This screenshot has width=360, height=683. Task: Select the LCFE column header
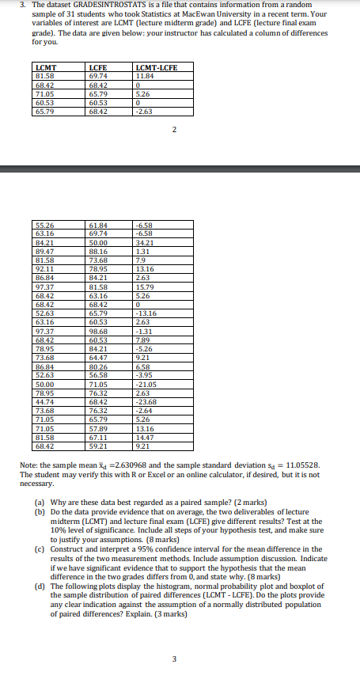(99, 68)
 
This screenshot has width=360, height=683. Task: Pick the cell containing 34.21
(146, 242)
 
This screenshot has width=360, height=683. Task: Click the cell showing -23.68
(147, 403)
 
